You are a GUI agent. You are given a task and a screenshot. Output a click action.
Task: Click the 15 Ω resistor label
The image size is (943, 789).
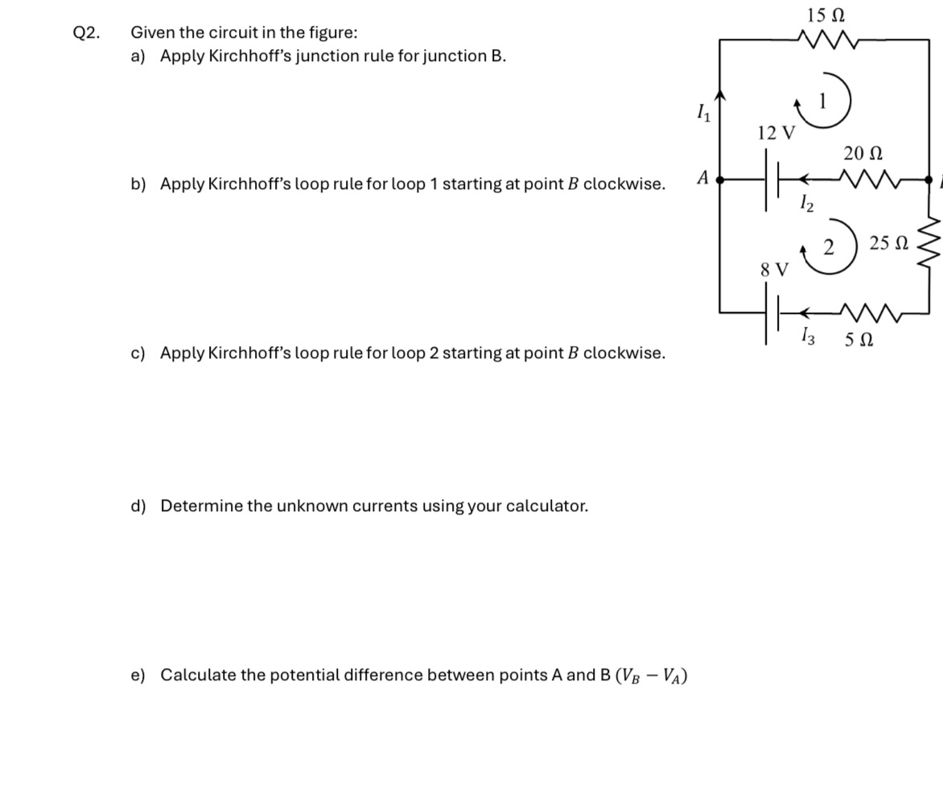826,14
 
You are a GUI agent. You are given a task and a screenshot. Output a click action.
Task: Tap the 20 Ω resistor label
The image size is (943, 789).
863,153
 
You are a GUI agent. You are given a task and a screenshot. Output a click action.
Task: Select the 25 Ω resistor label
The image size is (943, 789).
889,242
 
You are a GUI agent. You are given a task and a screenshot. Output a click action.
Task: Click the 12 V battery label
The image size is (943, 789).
776,133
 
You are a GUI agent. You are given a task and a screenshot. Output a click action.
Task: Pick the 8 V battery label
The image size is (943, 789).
775,270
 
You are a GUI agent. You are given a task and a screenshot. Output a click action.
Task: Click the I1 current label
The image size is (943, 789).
702,113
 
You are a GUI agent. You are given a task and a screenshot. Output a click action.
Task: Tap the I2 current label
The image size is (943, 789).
806,204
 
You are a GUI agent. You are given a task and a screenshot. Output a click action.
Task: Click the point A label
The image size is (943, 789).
703,177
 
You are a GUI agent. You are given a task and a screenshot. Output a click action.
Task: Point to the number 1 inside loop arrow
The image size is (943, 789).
823,101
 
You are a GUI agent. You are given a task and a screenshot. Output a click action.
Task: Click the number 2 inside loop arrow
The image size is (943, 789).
827,246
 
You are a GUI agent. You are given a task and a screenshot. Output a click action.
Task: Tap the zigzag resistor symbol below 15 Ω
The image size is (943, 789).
827,38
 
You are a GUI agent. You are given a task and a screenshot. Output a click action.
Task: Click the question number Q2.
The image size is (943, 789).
86,33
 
